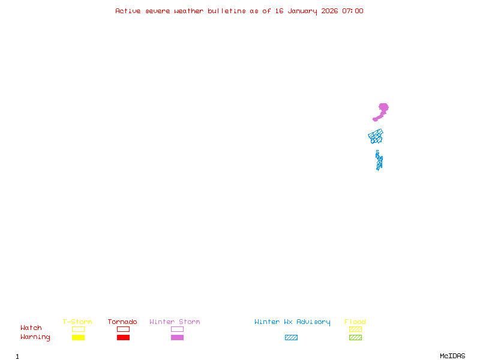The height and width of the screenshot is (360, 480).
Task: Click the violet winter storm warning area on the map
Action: tap(383, 109)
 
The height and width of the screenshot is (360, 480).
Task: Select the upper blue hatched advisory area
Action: tap(376, 136)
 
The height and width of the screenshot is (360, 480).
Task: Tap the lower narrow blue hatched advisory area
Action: tap(379, 161)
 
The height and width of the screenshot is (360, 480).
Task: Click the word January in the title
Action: tap(302, 11)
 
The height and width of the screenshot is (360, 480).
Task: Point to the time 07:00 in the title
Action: tap(352, 11)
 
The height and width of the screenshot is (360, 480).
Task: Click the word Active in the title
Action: tap(128, 11)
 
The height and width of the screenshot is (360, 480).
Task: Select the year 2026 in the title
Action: tap(329, 11)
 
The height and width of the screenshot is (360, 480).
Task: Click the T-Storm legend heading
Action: tap(77, 322)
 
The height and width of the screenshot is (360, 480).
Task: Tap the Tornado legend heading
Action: tap(122, 322)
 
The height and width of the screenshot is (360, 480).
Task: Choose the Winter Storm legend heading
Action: tap(175, 322)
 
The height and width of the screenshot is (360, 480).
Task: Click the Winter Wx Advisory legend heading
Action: tap(292, 322)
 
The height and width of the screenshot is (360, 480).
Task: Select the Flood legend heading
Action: tap(355, 322)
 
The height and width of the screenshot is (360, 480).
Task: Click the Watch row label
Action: tap(31, 328)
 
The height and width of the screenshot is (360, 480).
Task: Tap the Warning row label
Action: tap(35, 337)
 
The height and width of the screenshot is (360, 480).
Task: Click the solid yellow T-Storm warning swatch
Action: tap(78, 338)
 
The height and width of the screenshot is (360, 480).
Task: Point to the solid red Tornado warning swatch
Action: tap(123, 338)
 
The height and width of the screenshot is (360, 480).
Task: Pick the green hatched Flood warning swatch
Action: tap(355, 338)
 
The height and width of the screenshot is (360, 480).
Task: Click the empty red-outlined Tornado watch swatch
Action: tap(123, 329)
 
